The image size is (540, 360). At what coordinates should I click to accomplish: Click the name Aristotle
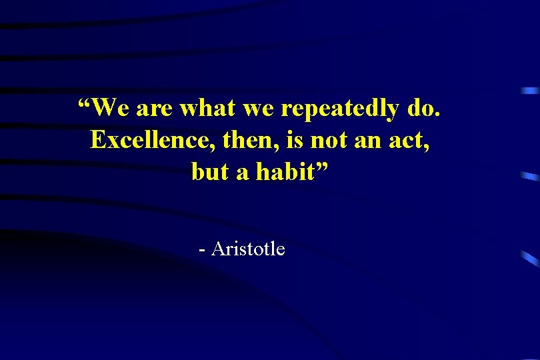coord(248,249)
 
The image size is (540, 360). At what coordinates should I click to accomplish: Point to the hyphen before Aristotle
coord(201,251)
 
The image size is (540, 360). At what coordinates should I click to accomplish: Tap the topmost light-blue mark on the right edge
coord(530,90)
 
